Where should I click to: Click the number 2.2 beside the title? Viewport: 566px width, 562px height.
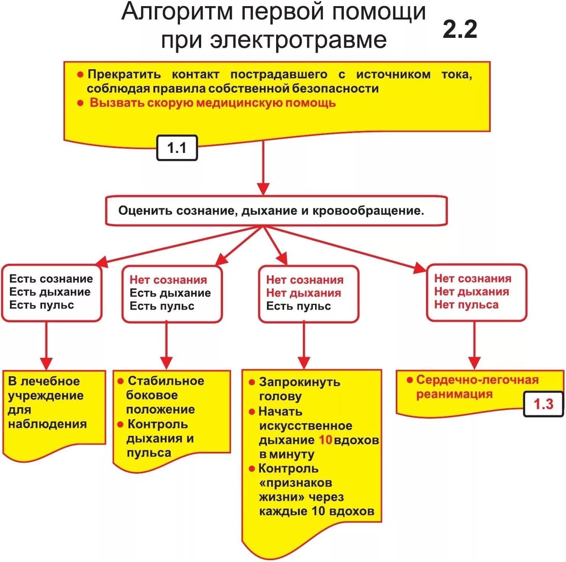(460, 29)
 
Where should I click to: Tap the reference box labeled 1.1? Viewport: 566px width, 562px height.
(177, 148)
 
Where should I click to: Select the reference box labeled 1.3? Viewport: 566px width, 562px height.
(543, 404)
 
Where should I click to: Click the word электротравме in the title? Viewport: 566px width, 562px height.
(299, 40)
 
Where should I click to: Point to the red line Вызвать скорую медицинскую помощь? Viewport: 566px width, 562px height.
(213, 103)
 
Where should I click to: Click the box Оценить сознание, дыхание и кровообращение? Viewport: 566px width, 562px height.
(276, 211)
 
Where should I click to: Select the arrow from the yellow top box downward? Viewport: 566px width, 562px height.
(263, 168)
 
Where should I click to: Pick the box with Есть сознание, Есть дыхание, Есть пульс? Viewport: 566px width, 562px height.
(52, 292)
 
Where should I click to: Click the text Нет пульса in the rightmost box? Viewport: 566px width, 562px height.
(466, 305)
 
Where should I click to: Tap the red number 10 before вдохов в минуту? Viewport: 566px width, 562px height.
(325, 440)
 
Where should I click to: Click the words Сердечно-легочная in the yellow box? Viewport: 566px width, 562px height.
(477, 380)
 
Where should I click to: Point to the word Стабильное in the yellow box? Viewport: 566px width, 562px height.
(166, 381)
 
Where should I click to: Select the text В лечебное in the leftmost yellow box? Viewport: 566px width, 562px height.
(44, 381)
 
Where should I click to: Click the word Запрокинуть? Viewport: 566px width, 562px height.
(299, 382)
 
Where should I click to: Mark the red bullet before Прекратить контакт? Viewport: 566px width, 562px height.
(80, 75)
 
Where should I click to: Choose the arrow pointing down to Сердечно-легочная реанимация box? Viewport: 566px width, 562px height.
(474, 346)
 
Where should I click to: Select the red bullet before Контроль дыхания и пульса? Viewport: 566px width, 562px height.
(120, 424)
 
